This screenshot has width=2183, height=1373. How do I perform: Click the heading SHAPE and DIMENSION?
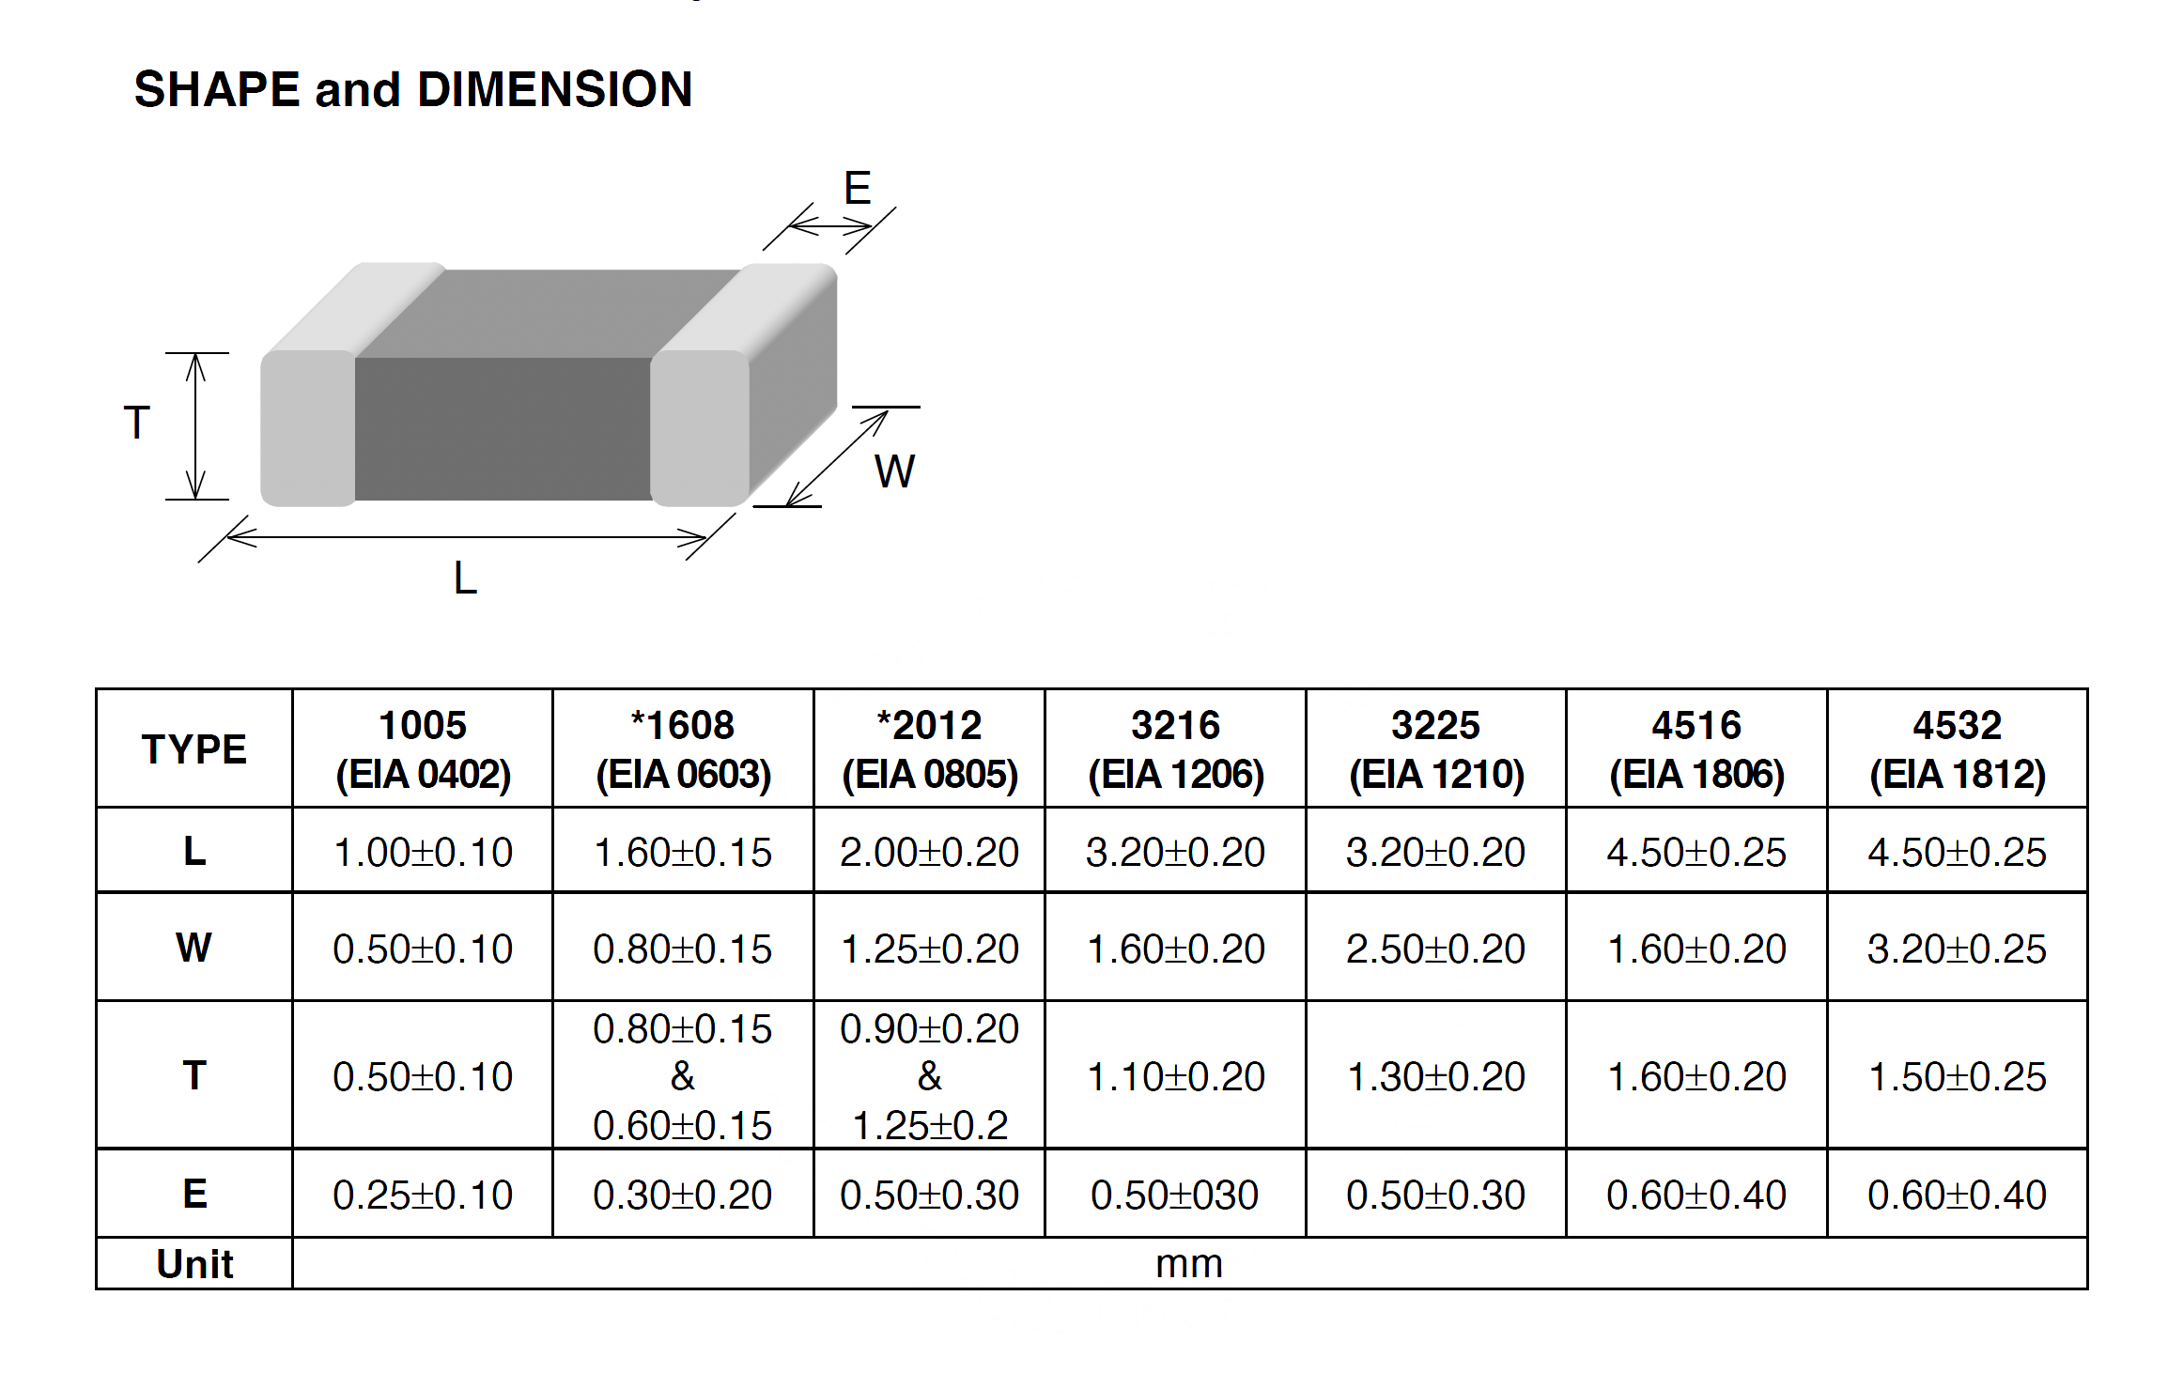tap(413, 90)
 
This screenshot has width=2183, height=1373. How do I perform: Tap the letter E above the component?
tap(858, 188)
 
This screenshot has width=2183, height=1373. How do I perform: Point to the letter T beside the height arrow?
tap(137, 423)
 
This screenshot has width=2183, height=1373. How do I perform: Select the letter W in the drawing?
tap(894, 471)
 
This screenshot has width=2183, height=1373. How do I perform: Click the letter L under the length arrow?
tap(466, 578)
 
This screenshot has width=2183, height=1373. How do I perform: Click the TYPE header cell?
tap(194, 749)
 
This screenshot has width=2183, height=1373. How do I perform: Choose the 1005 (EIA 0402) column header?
tap(423, 749)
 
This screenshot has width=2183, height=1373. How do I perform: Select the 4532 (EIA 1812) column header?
tap(1958, 749)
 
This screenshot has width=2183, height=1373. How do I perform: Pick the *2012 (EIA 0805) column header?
tap(930, 749)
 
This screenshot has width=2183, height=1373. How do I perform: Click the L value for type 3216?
tap(1175, 853)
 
